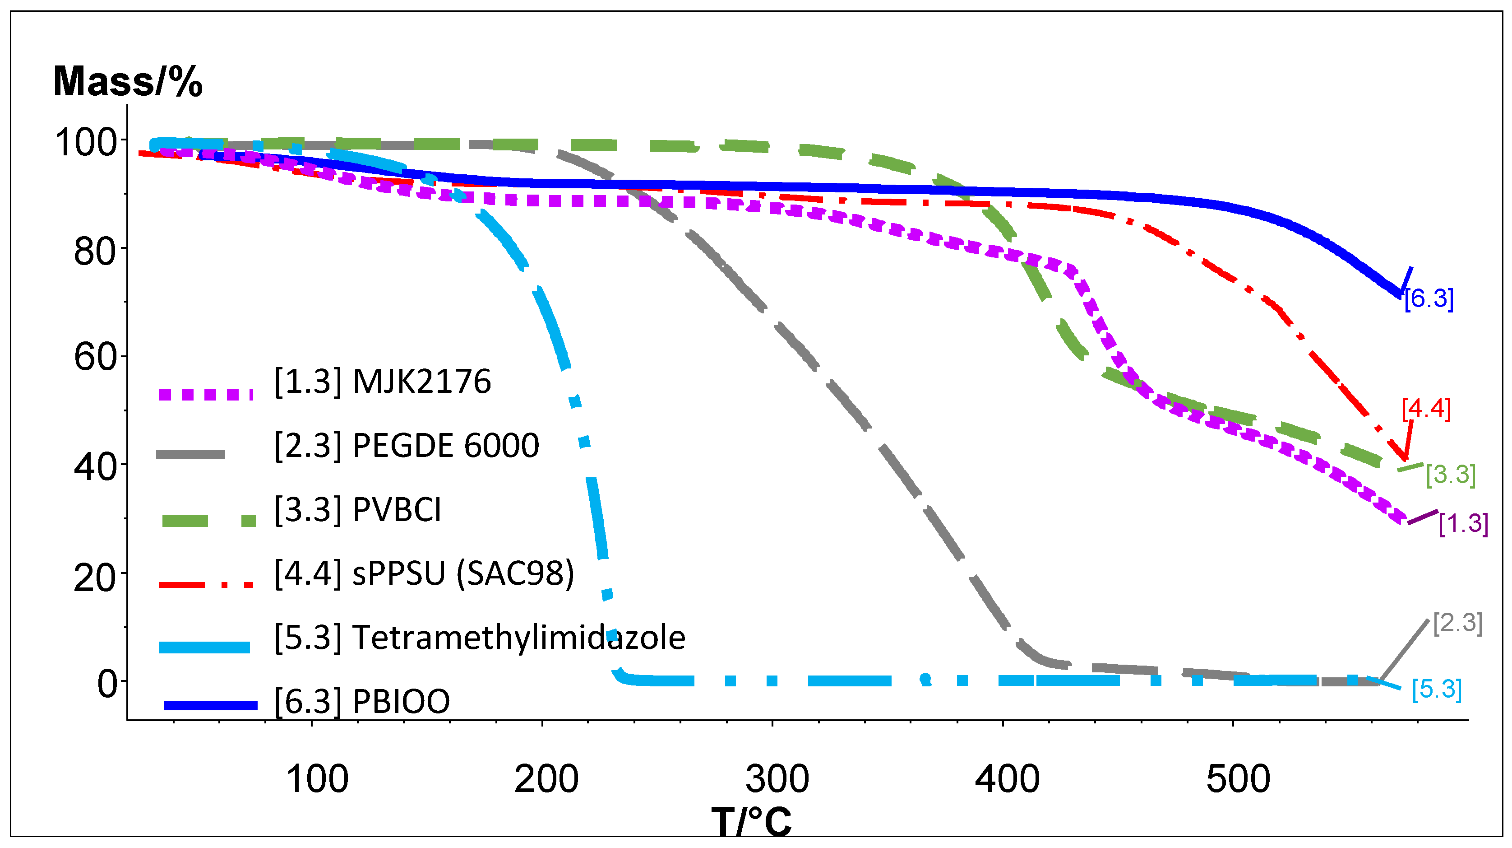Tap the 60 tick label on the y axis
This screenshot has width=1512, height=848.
95,357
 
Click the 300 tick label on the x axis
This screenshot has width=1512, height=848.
777,779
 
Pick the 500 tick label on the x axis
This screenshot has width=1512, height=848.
1238,779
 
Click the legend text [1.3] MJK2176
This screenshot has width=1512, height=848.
383,382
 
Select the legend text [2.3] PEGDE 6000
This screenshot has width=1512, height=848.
407,446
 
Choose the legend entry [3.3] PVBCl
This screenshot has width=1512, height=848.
358,509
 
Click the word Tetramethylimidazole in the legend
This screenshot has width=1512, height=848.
519,638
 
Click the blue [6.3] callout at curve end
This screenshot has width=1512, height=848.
1429,299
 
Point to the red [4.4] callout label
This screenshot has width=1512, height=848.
1426,409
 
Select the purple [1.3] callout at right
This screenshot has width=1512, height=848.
1463,524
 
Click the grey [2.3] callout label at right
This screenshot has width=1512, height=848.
1457,623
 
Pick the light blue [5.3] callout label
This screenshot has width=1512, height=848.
1436,690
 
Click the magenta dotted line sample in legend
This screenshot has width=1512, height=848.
205,394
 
